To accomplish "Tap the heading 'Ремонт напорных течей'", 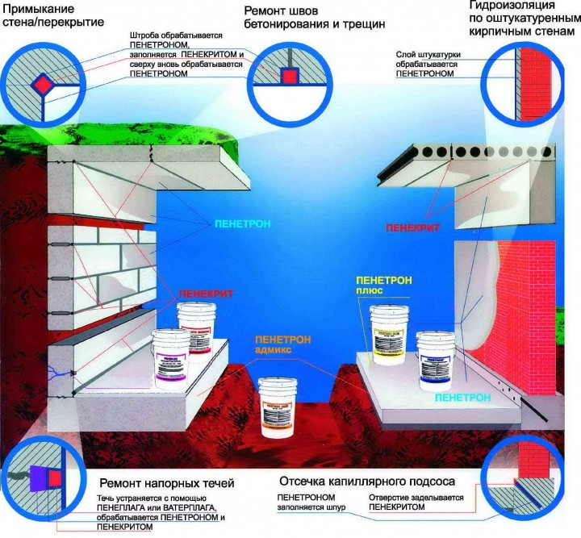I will [x=167, y=483].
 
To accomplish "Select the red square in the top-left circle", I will [x=41, y=83].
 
